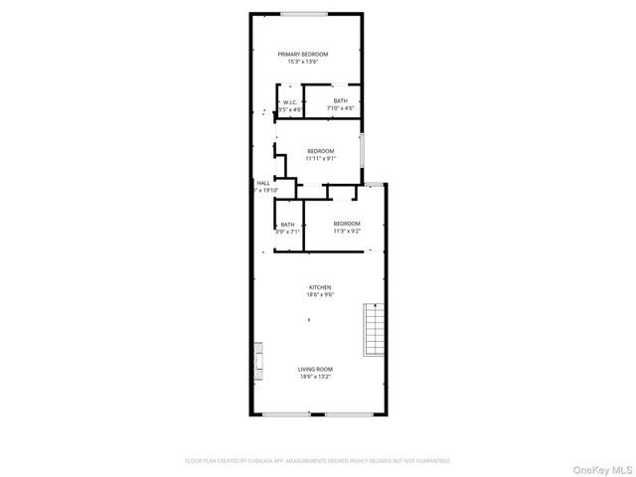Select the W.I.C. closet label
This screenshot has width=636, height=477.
point(290,101)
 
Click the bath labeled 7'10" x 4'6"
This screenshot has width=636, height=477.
point(341,100)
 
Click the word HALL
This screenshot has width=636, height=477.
point(263,183)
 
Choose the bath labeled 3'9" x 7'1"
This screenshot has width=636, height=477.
point(287,225)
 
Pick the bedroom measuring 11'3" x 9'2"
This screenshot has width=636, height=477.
point(347,224)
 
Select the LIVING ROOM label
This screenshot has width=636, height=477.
point(315,370)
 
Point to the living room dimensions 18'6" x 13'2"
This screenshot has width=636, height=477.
point(315,377)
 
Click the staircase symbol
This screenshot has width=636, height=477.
point(374,329)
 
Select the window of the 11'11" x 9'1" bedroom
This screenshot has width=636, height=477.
point(363,150)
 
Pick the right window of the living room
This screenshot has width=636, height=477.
point(347,413)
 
